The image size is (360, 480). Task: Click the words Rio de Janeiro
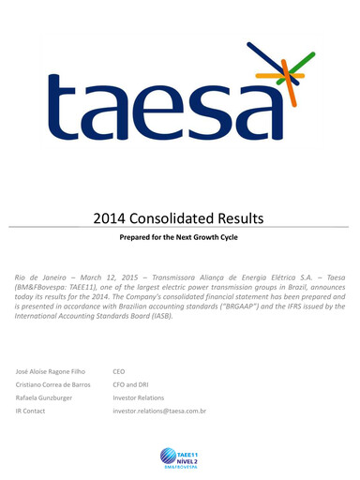(42, 278)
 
